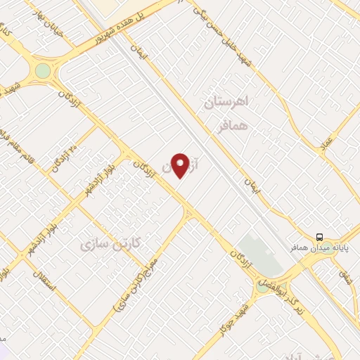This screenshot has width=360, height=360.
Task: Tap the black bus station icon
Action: (x=320, y=237)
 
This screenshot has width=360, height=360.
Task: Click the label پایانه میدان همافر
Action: (x=319, y=248)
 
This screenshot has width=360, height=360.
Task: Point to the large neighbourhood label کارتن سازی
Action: (x=111, y=243)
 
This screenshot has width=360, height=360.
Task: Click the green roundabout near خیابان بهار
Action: (x=44, y=71)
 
